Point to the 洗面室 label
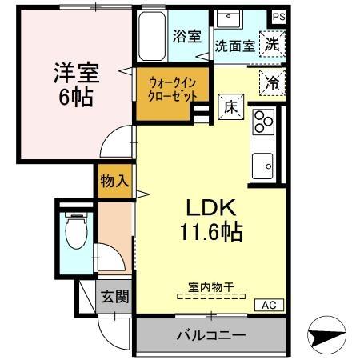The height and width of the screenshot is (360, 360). [234, 46]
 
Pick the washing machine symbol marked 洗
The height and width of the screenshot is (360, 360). [273, 45]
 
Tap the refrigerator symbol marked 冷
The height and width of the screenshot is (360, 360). [273, 82]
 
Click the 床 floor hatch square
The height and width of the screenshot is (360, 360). [227, 105]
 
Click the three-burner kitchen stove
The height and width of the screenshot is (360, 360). [263, 122]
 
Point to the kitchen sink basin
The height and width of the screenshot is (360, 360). [263, 165]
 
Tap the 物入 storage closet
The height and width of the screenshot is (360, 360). [114, 181]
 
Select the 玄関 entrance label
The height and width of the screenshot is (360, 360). [113, 297]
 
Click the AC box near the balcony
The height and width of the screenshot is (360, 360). [269, 305]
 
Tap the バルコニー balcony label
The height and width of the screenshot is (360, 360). [210, 334]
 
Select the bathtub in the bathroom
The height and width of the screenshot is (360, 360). [151, 38]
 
